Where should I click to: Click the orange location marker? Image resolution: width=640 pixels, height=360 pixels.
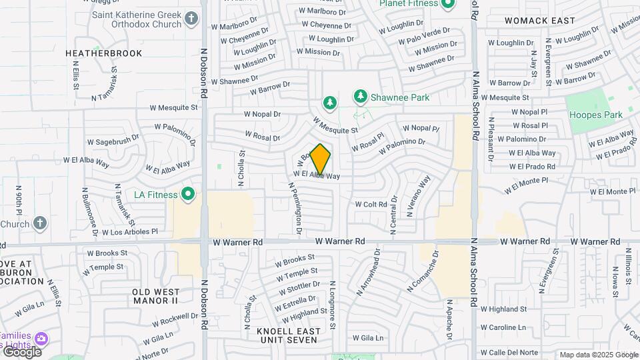(321, 159)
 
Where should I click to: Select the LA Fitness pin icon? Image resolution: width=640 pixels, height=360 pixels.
(188, 195)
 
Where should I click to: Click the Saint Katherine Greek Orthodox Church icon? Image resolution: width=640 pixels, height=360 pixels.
(192, 19)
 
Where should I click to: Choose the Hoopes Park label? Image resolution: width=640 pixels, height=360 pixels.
(595, 115)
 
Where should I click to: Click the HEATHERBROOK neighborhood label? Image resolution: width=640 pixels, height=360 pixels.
(103, 53)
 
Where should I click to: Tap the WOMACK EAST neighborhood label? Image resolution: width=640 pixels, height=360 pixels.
(539, 21)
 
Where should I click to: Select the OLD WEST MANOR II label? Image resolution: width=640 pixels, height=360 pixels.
(155, 296)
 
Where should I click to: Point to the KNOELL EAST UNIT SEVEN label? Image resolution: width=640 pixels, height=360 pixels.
(288, 335)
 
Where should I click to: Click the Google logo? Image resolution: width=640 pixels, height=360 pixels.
(21, 351)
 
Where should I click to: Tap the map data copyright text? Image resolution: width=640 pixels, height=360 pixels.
(599, 355)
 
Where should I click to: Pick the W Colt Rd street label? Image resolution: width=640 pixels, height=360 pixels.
(371, 204)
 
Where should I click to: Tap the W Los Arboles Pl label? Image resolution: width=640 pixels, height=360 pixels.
(130, 232)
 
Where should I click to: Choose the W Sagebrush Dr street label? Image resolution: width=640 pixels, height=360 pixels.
(113, 140)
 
